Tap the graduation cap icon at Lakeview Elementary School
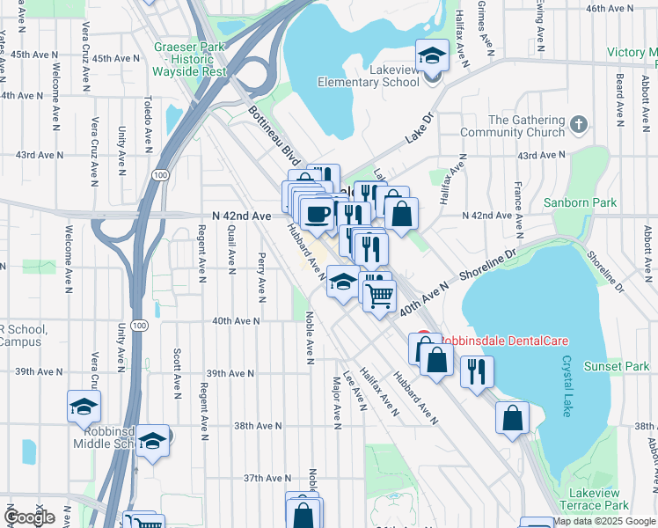point(432,57)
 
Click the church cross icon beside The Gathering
point(579,122)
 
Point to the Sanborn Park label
point(593,202)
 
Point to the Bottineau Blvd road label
point(274,136)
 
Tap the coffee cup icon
point(317,212)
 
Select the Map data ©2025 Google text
point(603,521)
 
